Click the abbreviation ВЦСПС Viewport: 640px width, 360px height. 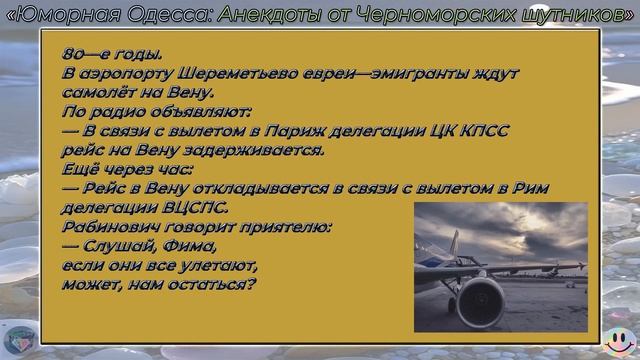pyautogui.click(x=186, y=207)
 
